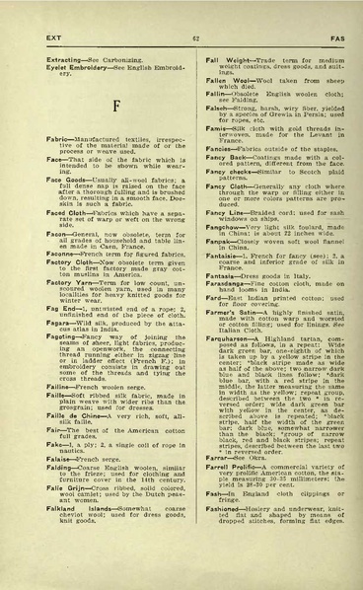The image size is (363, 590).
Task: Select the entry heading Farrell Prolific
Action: tap(216, 515)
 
